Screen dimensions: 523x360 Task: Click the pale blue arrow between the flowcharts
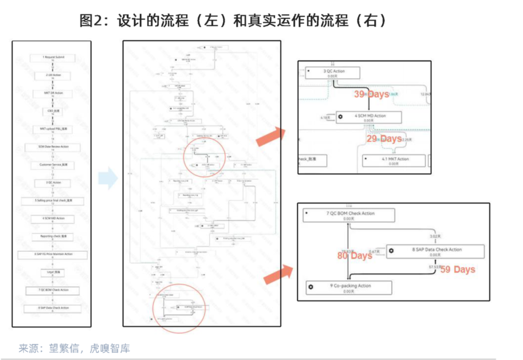(x=108, y=179)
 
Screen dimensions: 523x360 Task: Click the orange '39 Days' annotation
(x=371, y=94)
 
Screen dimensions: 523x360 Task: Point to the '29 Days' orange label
(x=384, y=139)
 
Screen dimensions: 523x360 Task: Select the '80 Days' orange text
(x=354, y=255)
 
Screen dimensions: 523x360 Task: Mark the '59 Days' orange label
(x=458, y=269)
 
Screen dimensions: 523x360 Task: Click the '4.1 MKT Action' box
(x=394, y=160)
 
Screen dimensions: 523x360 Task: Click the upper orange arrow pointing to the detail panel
(x=270, y=136)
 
